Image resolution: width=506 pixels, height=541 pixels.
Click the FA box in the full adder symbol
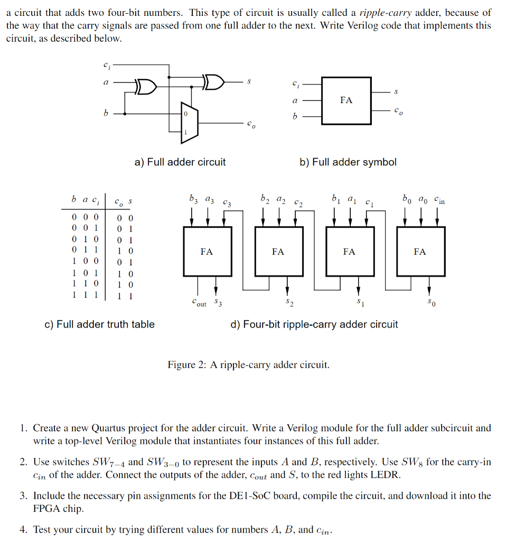pos(346,100)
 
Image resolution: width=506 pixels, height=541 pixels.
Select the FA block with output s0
pos(420,251)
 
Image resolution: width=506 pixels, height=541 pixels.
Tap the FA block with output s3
pos(207,251)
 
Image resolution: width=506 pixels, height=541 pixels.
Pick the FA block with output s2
pos(278,251)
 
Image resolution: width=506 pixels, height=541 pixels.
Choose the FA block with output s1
pos(349,251)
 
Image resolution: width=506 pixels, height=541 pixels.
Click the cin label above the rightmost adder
pos(439,200)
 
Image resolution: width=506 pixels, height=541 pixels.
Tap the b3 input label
pos(192,200)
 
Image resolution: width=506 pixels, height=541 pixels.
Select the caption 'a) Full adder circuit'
pos(180,162)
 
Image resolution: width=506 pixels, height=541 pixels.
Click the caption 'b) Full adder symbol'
pos(348,162)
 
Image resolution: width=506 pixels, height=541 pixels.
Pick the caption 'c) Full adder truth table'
pos(99,324)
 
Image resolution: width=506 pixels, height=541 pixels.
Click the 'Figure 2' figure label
pos(187,365)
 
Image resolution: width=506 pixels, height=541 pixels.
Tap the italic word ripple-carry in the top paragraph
pos(385,12)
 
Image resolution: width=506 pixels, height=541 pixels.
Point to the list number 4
pos(24,529)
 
